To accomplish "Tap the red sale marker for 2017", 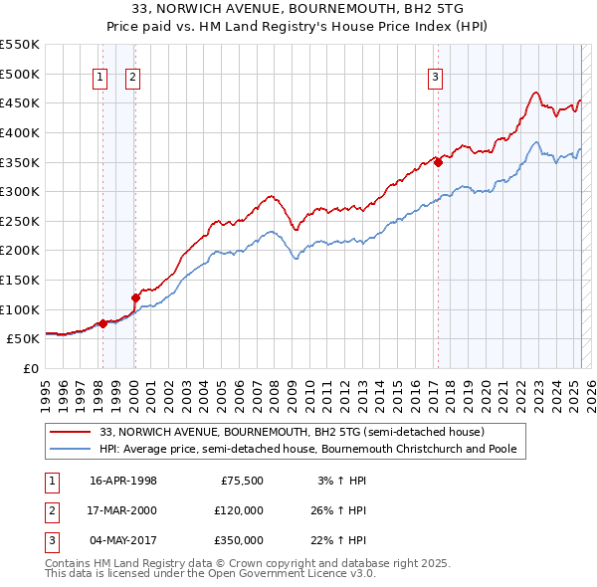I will coord(438,163).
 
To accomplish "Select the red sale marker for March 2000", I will coord(135,296).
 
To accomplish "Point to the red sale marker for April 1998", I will coord(102,323).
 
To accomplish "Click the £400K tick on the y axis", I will coord(20,132).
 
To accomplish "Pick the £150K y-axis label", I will coord(20,280).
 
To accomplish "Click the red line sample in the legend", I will coord(72,433).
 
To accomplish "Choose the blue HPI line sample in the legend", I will coord(72,449).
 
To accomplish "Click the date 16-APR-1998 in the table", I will coord(123,481).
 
